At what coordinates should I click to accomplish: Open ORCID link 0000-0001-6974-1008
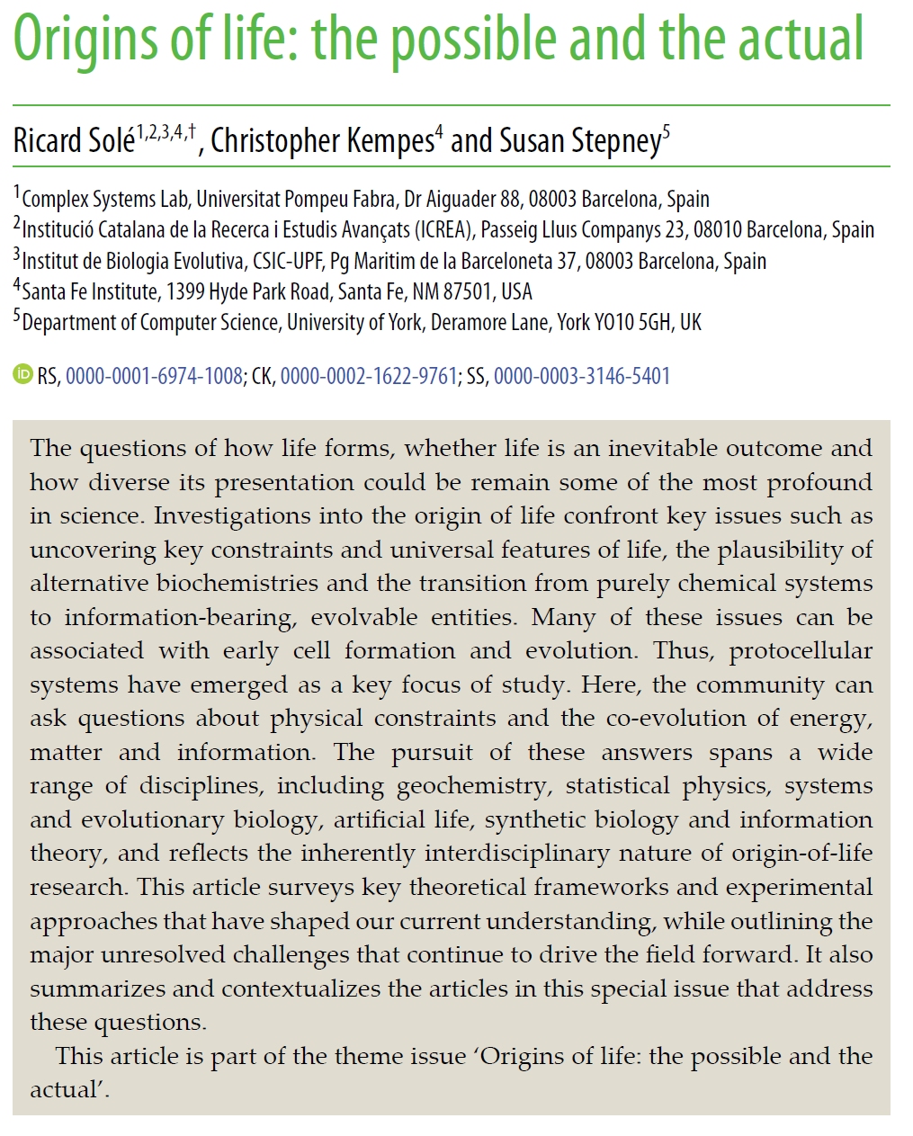point(154,376)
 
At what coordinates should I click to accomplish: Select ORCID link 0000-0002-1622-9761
point(369,376)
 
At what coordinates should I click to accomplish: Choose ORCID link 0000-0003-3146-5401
point(582,376)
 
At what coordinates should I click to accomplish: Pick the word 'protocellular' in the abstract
point(801,651)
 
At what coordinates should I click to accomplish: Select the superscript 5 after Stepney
point(667,132)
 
